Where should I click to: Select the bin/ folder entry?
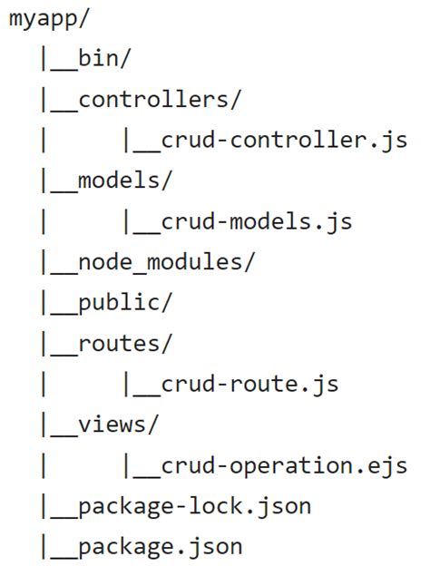(104, 60)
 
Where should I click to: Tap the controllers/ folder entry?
(160, 100)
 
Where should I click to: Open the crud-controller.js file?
(283, 141)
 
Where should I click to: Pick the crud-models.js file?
(256, 221)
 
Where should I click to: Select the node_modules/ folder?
(167, 262)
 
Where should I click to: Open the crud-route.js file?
(249, 384)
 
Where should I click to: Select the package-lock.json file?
(194, 505)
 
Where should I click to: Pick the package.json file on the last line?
(160, 546)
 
